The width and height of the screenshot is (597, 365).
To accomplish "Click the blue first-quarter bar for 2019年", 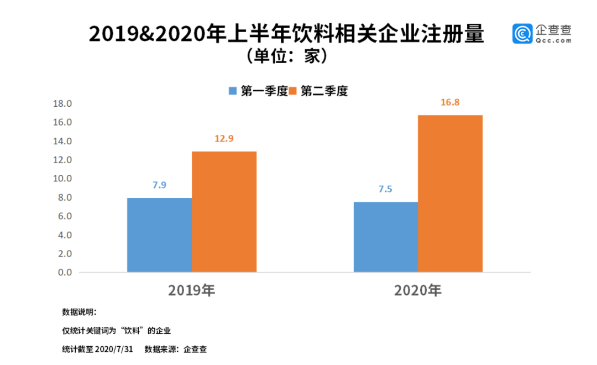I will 159,235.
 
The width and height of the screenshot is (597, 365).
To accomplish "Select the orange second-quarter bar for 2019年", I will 224,212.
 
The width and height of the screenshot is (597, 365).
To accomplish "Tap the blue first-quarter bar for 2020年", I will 385,237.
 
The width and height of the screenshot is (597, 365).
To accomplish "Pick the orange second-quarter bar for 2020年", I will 450,194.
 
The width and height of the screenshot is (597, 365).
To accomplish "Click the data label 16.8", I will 450,102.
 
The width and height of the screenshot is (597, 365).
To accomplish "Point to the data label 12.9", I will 224,138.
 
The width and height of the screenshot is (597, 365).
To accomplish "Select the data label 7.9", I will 159,185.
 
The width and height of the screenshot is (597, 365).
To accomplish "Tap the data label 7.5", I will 385,189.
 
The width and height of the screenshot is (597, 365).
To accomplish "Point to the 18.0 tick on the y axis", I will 62,103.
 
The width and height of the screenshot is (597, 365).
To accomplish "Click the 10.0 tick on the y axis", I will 62,179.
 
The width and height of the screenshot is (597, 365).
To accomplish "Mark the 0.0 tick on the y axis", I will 65,273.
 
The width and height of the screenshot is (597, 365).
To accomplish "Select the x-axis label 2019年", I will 192,290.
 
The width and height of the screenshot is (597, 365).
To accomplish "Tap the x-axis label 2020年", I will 418,290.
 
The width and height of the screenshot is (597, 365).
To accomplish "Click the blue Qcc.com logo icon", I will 522,34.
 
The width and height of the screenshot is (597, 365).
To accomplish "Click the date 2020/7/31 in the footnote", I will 114,350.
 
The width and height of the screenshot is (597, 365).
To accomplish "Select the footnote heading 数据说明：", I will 79,312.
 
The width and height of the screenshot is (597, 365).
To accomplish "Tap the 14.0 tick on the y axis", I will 62,141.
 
